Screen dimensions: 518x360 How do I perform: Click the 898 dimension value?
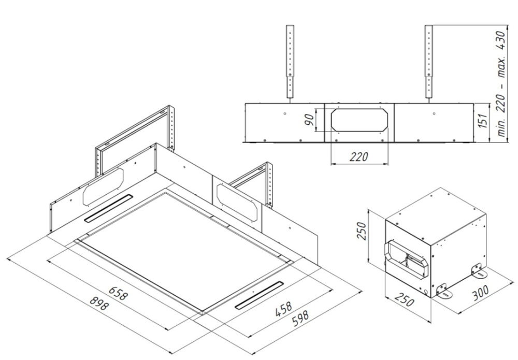pyautogui.click(x=99, y=304)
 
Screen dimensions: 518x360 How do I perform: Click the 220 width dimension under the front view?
pyautogui.click(x=359, y=156)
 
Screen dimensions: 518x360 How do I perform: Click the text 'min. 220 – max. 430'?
pyautogui.click(x=501, y=84)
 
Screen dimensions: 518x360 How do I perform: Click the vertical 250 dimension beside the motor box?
pyautogui.click(x=362, y=232)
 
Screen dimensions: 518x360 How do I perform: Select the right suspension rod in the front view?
pyautogui.click(x=429, y=62)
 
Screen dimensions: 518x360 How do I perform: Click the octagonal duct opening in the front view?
pyautogui.click(x=359, y=120)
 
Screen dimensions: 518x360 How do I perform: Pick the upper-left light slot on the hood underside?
pyautogui.click(x=109, y=208)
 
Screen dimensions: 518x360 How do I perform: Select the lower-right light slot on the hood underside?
pyautogui.click(x=260, y=296)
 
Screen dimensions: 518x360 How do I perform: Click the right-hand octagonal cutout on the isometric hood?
pyautogui.click(x=237, y=203)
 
